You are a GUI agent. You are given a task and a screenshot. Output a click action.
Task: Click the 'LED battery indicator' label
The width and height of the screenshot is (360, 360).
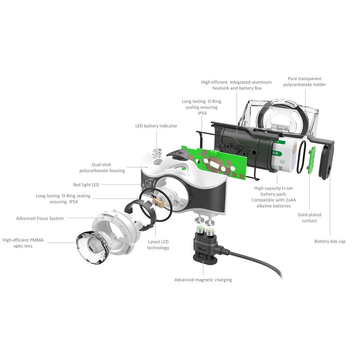[156, 126]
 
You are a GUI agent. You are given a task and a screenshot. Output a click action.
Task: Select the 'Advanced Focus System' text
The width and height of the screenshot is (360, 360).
[40, 218]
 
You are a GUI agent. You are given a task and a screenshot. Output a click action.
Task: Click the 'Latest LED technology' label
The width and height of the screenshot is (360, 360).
[158, 245]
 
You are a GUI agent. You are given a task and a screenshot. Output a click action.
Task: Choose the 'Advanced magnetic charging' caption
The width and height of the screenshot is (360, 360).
[203, 280]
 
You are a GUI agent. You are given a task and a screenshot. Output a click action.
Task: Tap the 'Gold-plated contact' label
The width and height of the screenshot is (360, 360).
[309, 218]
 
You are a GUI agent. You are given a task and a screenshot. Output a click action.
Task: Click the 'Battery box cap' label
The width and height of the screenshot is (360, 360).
[330, 242]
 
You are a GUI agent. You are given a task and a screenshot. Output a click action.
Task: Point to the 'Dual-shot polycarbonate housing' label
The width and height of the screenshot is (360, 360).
[102, 167]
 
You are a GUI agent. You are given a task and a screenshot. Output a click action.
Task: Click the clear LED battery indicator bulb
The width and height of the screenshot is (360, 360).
[157, 154]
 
